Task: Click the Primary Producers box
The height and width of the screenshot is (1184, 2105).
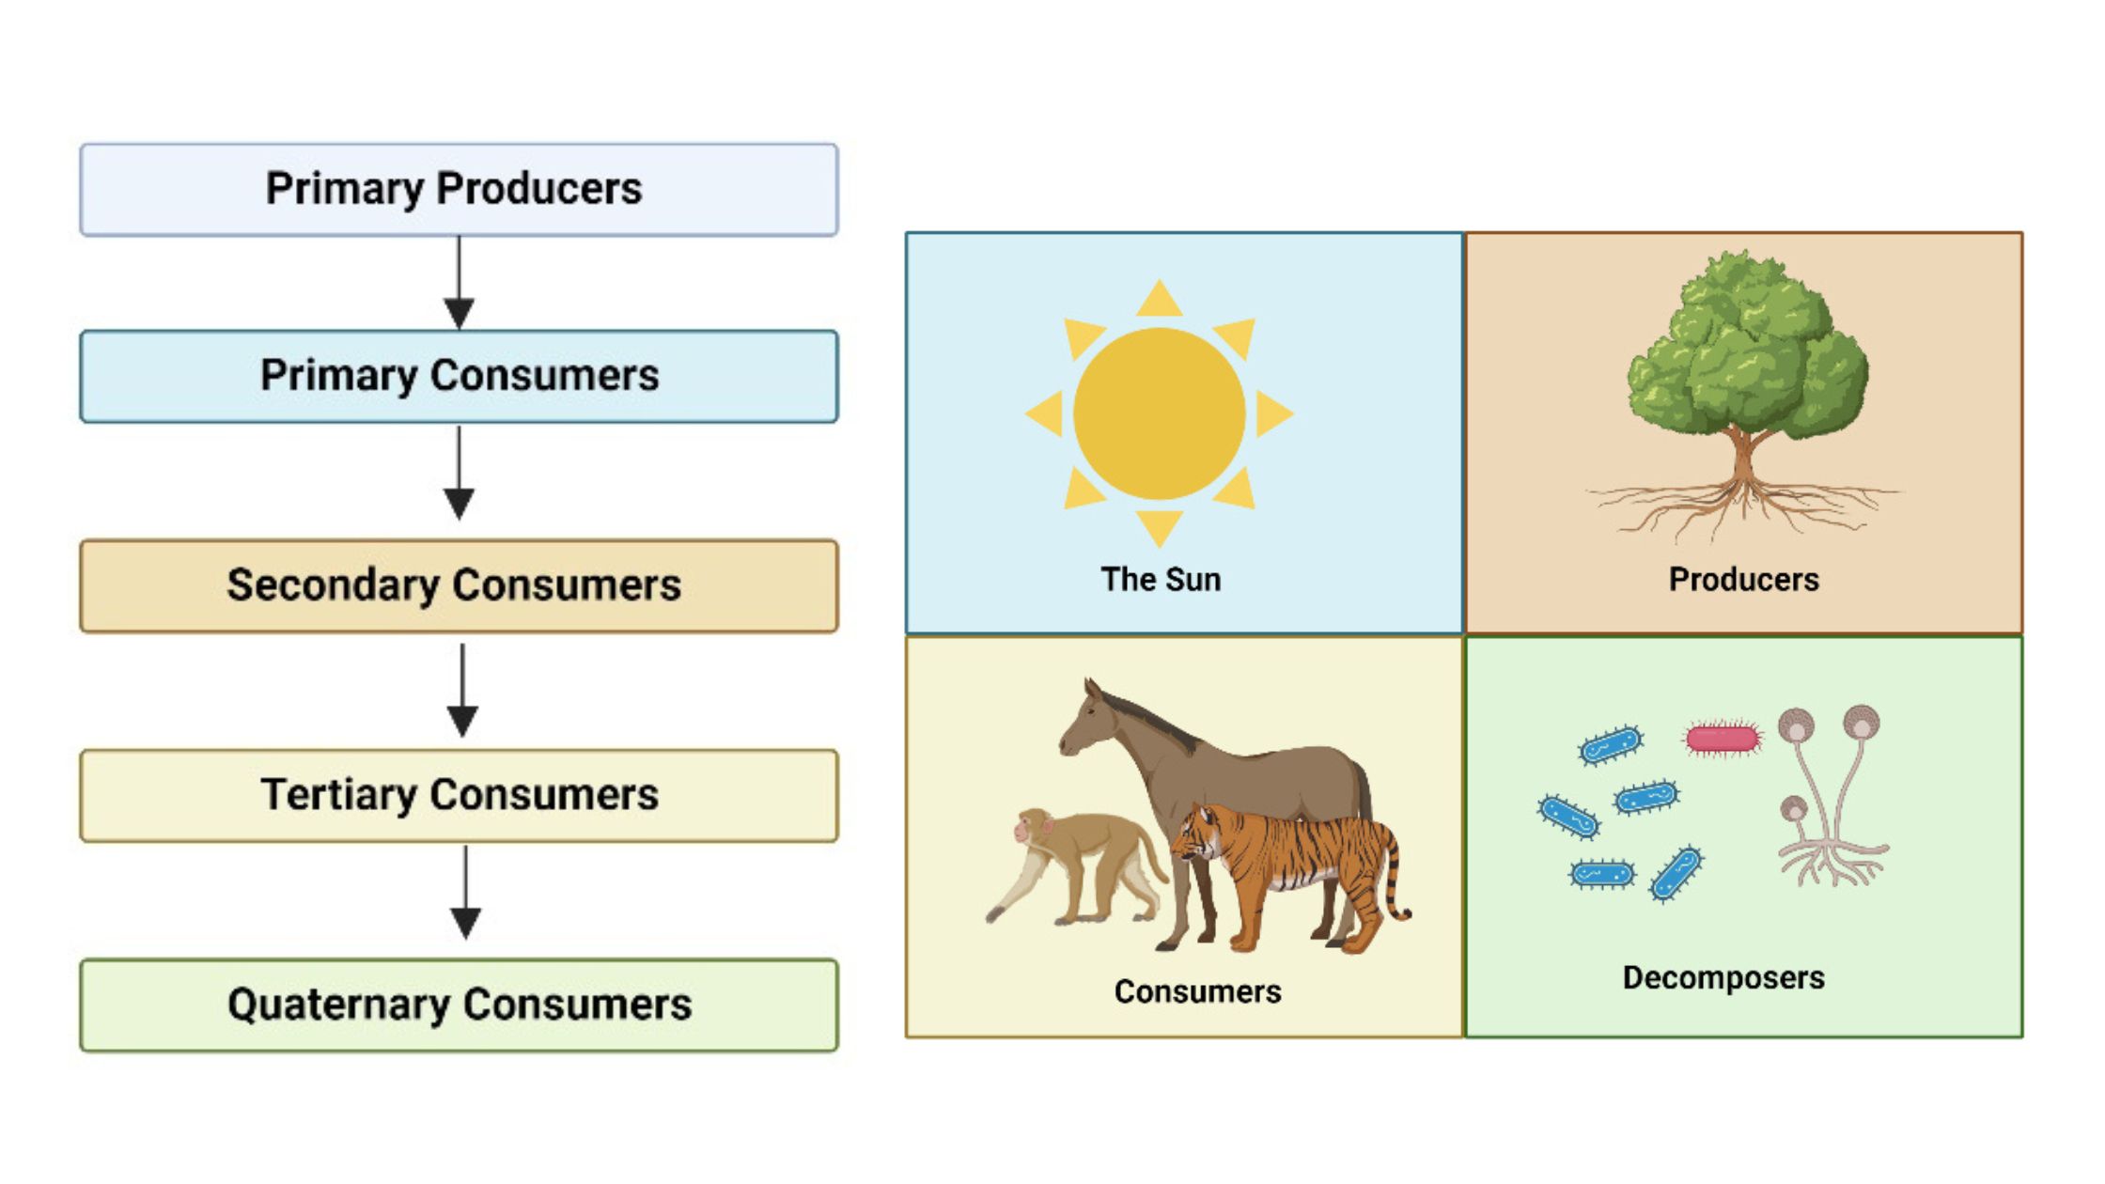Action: [x=459, y=190]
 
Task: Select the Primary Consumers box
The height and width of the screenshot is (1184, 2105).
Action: [x=459, y=376]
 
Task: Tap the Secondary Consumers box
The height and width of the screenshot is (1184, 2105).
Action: [x=459, y=585]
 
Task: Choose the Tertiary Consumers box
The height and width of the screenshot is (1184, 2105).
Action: [x=459, y=795]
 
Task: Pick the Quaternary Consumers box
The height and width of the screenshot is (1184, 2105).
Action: [x=459, y=1005]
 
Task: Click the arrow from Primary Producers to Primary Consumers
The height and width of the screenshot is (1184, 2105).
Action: [x=459, y=282]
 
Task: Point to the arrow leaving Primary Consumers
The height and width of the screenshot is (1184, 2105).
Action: [x=459, y=473]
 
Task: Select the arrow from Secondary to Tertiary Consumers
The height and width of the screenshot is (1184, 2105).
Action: [x=462, y=691]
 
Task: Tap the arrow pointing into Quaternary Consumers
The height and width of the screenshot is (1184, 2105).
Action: [x=465, y=893]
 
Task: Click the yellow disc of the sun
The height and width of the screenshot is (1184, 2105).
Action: [x=1159, y=413]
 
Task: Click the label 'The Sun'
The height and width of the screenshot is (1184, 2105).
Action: [x=1161, y=579]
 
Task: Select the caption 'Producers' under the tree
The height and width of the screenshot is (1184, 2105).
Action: [x=1743, y=579]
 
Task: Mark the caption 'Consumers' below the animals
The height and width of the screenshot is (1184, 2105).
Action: [x=1197, y=991]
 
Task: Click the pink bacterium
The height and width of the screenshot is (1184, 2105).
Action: [x=1722, y=739]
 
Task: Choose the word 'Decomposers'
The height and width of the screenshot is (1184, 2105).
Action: [x=1723, y=977]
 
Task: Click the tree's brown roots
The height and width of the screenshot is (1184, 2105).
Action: [x=1743, y=503]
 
